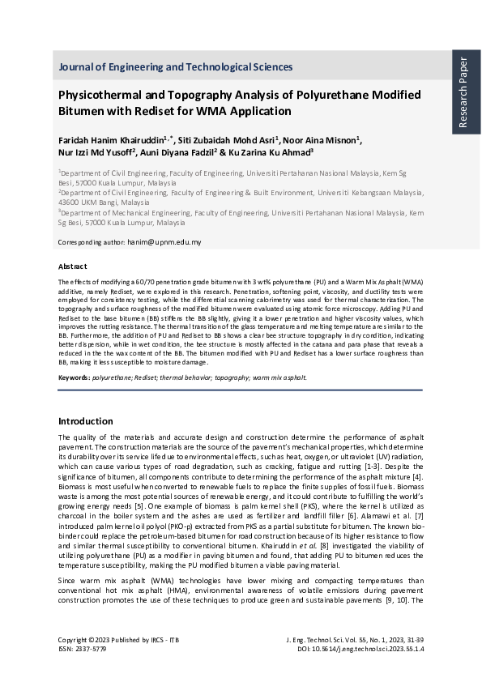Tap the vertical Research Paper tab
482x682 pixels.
[463, 92]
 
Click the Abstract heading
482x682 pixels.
[73, 266]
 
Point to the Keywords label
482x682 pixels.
[74, 377]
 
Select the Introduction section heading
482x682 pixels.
[86, 421]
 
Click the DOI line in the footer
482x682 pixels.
[361, 648]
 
